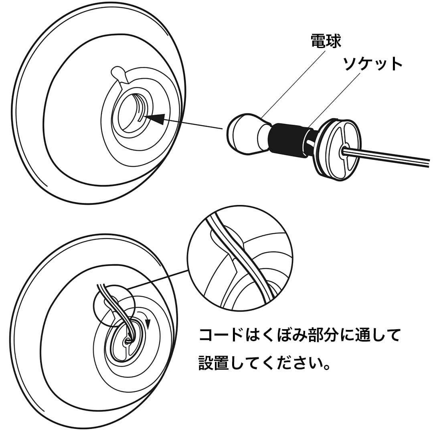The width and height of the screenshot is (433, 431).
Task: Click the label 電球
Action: point(326,41)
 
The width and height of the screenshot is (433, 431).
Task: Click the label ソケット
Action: point(372,64)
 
